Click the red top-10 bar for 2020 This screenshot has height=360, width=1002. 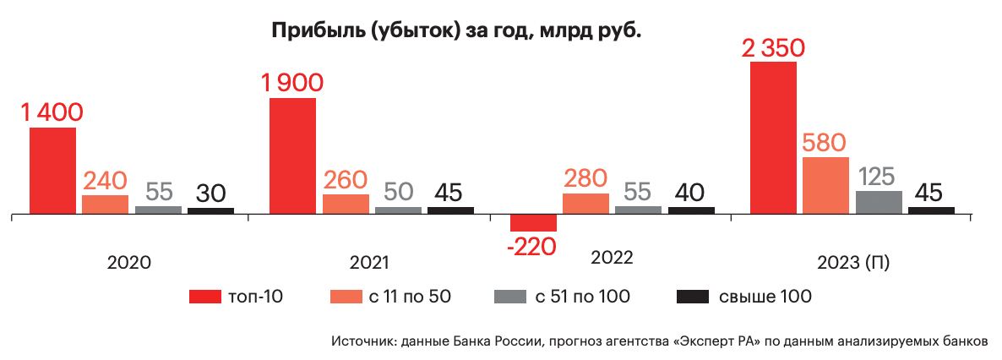pos(52,170)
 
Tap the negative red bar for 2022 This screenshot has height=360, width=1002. pos(533,222)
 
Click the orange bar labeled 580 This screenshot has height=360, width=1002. pos(825,184)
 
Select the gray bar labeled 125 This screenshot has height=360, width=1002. pos(879,202)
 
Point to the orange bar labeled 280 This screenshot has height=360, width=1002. pos(585,203)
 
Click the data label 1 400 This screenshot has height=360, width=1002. pos(53,112)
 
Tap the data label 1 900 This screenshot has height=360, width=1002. pos(292,83)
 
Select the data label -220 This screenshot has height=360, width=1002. pos(533,247)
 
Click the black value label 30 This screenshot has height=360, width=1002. pos(210,193)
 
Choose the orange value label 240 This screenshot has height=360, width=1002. pos(105,181)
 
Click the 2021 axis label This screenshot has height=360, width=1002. pos(368,262)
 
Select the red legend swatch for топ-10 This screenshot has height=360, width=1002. pos(204,297)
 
